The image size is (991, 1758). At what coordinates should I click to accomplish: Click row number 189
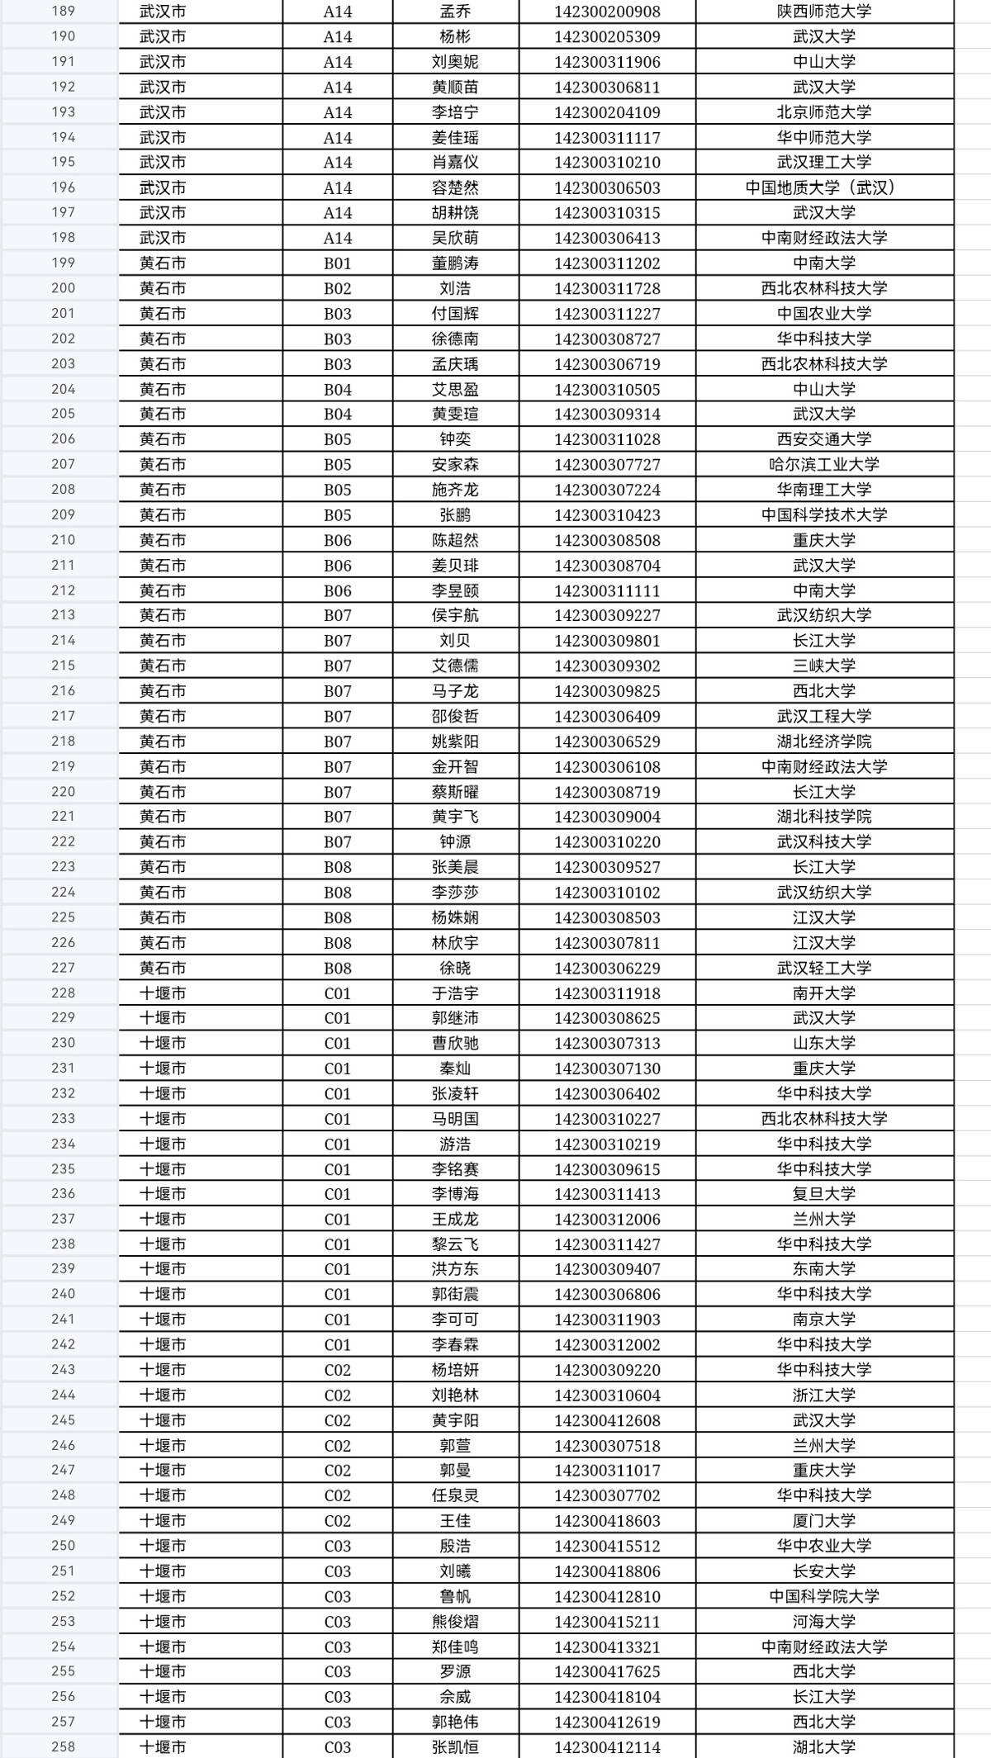pos(63,12)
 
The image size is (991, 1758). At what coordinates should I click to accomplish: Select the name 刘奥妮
pos(455,62)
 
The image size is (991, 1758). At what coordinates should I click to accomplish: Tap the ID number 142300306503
pos(607,188)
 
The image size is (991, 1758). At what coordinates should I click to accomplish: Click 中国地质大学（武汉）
pos(823,188)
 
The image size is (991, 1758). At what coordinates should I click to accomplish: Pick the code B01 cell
pos(337,263)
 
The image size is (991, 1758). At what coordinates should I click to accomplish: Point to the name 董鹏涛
pos(455,263)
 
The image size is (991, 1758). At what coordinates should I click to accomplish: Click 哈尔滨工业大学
pos(823,465)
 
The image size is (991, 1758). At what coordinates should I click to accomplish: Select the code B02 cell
pos(337,289)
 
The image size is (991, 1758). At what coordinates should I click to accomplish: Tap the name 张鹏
pos(455,515)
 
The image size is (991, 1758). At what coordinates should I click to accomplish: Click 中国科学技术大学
pos(823,515)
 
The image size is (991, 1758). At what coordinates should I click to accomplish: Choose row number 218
pos(63,742)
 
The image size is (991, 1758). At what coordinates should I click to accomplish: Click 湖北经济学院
pos(823,742)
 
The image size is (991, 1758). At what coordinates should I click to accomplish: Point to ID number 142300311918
pos(607,993)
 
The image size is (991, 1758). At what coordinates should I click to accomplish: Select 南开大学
pos(823,993)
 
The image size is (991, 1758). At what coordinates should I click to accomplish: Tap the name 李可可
pos(455,1320)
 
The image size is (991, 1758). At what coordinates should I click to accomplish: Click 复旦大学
pos(823,1194)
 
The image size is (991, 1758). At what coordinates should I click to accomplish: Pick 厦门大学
pos(823,1521)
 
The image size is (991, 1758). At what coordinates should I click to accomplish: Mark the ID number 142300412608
pos(607,1420)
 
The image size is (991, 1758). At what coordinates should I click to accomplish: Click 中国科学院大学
pos(823,1596)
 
